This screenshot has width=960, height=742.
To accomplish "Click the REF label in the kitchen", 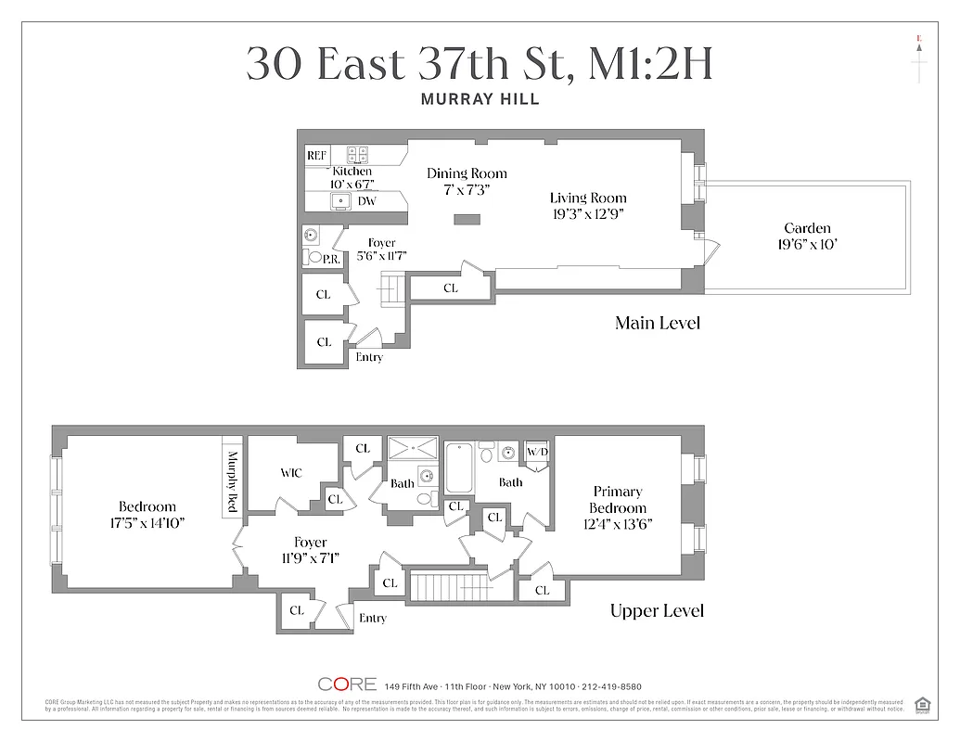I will [316, 155].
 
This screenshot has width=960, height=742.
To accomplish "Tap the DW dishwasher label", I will [367, 200].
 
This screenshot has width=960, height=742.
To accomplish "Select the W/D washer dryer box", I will [537, 452].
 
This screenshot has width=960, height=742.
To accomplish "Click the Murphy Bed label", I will [233, 481].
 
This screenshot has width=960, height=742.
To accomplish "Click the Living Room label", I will [588, 198].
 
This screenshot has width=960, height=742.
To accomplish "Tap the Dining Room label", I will [467, 173].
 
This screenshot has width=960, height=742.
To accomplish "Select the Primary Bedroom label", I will [618, 500].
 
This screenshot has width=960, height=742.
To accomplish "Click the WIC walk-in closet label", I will [291, 473].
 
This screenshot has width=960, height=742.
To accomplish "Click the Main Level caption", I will [657, 323].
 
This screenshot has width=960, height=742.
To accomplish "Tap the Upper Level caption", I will [657, 610].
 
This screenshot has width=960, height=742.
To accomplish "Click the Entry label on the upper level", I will [372, 619].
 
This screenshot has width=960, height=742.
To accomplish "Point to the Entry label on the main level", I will [369, 357].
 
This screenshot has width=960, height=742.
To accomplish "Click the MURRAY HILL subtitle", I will [480, 99].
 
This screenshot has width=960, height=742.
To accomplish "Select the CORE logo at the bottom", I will [347, 684].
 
